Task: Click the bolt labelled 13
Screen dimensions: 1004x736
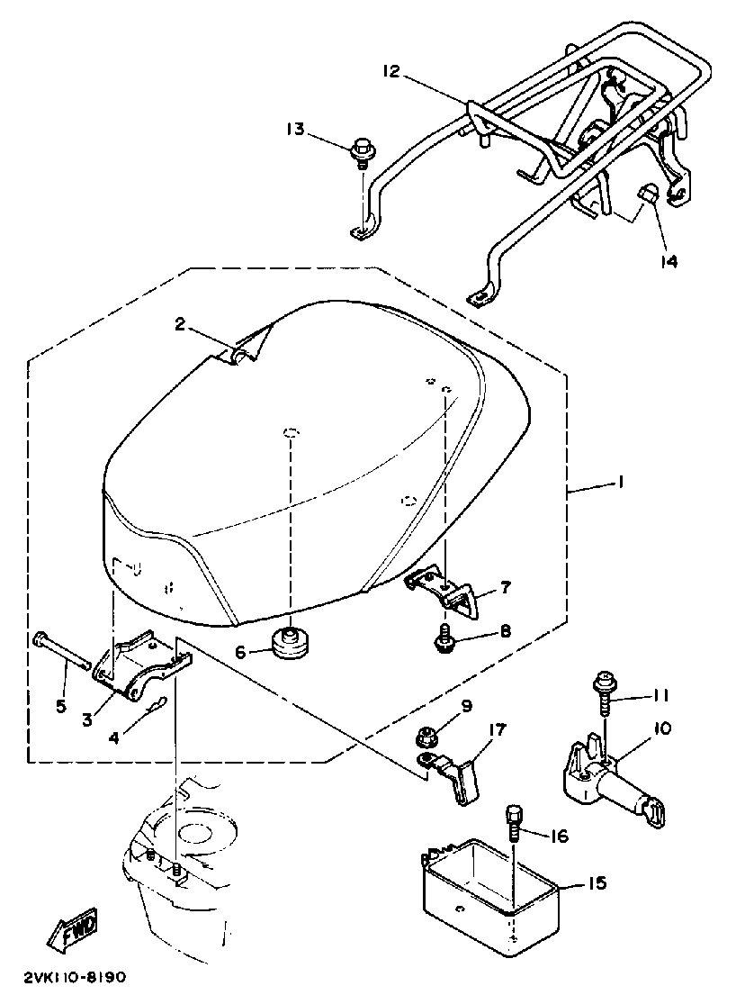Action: pos(364,149)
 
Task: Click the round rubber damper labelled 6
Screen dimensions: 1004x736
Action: pos(290,645)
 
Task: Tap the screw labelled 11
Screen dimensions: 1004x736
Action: pos(603,694)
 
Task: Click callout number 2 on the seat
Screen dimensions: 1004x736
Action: pos(180,325)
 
